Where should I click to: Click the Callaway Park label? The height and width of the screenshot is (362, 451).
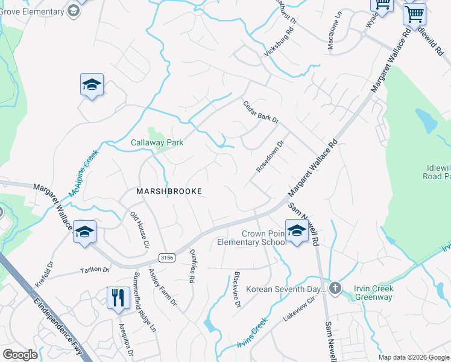pos(157,143)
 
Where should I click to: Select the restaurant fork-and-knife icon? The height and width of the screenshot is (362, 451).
pos(118,297)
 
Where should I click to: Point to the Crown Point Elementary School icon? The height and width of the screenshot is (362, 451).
pos(297,232)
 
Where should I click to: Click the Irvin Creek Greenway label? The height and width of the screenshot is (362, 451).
pos(373,292)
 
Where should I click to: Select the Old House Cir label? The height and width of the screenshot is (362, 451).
pos(139,230)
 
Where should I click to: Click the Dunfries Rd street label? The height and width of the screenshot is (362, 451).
pos(192,267)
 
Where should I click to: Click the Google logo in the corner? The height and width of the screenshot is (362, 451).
pos(20,355)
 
